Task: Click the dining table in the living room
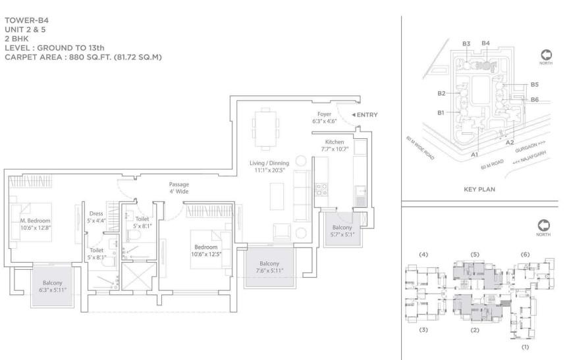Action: pyautogui.click(x=265, y=129)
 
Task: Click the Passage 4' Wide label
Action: pyautogui.click(x=179, y=188)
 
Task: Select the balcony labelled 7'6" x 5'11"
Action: pyautogui.click(x=269, y=267)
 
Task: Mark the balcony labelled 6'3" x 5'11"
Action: pyautogui.click(x=53, y=286)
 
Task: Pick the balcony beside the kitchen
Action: pyautogui.click(x=342, y=230)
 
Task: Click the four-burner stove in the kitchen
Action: pyautogui.click(x=321, y=190)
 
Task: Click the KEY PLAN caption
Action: pyautogui.click(x=479, y=190)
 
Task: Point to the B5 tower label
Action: pyautogui.click(x=534, y=84)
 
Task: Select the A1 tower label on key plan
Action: pyautogui.click(x=474, y=155)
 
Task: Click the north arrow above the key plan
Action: pyautogui.click(x=546, y=55)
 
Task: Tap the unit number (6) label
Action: pyautogui.click(x=525, y=255)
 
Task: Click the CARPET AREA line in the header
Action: pyautogui.click(x=83, y=57)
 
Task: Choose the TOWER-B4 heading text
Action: pyautogui.click(x=26, y=20)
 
